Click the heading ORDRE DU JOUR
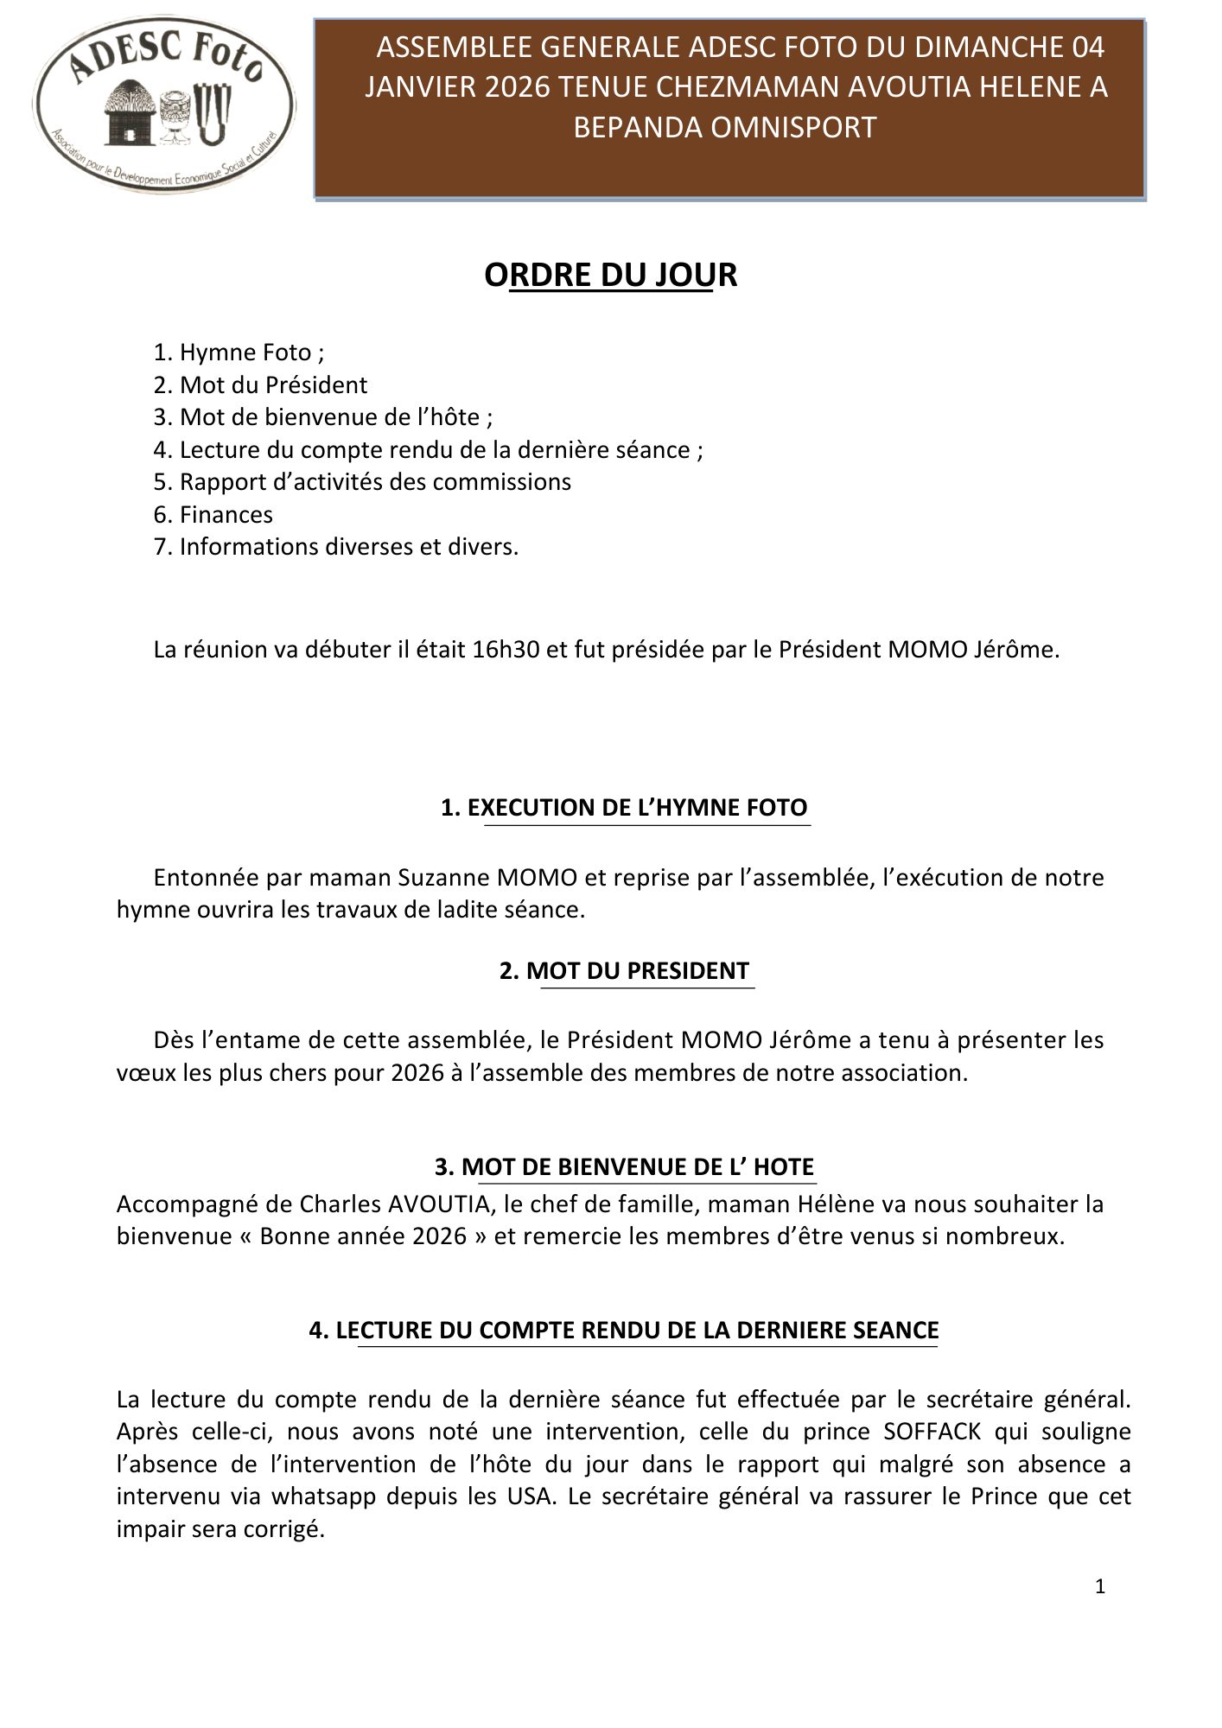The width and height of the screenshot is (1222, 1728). click(x=610, y=275)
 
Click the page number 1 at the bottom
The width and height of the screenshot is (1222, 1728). click(x=1100, y=1586)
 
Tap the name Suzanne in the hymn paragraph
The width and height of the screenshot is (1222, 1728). click(x=443, y=878)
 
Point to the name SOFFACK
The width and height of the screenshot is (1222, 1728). click(x=932, y=1432)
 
